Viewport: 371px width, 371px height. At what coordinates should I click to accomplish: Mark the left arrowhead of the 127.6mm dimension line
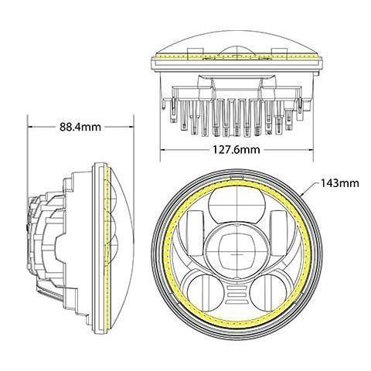162,148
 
